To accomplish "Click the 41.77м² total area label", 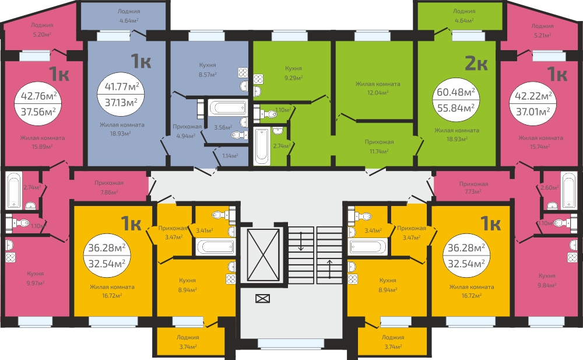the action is (122, 87).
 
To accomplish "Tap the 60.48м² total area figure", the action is (455, 92).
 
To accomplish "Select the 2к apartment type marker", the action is (476, 64).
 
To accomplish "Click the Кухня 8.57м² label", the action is (208, 70).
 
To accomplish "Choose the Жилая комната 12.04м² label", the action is (378, 88).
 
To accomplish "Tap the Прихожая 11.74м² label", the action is (380, 146).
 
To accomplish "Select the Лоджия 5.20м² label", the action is (41, 29).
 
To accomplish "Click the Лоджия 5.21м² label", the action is (542, 30).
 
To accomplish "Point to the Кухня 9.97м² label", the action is (36, 278).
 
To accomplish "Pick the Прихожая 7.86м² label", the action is (108, 188).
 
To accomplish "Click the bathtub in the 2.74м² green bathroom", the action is (262, 145).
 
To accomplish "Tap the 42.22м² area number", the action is (533, 96).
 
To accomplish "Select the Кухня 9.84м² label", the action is (547, 280).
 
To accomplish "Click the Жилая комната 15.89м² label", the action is (43, 142).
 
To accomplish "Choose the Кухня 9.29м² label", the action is (293, 73).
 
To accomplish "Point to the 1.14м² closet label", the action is (230, 156).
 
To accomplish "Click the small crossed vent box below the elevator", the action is (262, 298).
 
